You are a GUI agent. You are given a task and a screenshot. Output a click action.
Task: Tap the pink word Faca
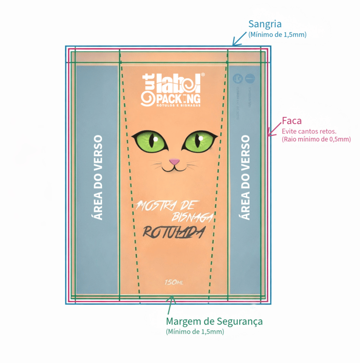pos(291,121)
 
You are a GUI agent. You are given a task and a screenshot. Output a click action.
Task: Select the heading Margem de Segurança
pos(214,321)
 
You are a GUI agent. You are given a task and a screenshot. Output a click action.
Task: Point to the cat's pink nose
pos(174,162)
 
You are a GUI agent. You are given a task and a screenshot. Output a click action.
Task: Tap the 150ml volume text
pos(173,282)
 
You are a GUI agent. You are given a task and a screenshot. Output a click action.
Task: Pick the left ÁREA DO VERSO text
pos(97,178)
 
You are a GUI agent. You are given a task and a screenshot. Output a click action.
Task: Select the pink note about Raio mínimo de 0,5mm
pos(316,139)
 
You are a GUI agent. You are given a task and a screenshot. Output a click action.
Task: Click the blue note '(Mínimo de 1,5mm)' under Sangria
pos(277,35)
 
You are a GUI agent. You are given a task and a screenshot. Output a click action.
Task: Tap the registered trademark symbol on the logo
pos(202,75)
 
